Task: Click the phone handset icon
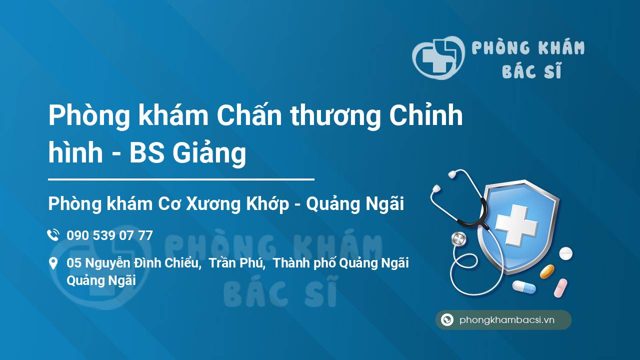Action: [53, 235]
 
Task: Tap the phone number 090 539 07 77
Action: [109, 235]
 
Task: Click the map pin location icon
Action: [53, 263]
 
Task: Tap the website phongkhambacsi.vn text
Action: [507, 320]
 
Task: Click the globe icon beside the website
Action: [447, 319]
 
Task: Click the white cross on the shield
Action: [516, 225]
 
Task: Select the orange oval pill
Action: [547, 271]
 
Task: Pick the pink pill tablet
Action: [560, 288]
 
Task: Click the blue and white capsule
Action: [524, 287]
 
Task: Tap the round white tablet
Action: [565, 253]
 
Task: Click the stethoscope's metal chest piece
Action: [458, 239]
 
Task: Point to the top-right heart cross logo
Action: [438, 57]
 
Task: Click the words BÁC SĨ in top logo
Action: [532, 70]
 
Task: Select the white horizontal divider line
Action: [181, 179]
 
